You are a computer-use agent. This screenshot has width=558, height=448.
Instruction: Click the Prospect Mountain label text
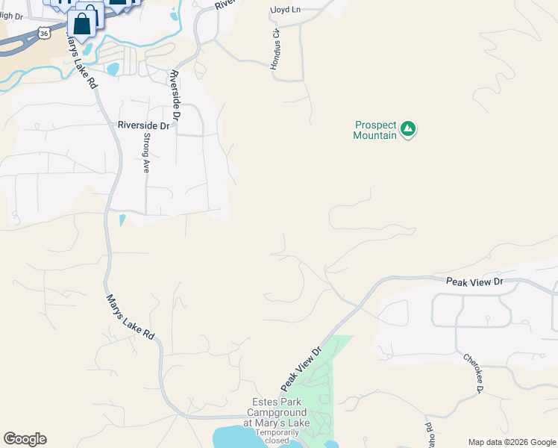tap(375, 130)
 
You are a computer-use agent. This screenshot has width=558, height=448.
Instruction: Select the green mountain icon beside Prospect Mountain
tap(407, 129)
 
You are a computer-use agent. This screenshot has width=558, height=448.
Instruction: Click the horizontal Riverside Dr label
tap(145, 125)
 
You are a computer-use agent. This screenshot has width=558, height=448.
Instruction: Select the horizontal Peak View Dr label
tap(475, 281)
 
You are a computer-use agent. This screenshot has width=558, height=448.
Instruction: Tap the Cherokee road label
tap(472, 373)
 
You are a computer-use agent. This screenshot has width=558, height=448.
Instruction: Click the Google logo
tap(25, 439)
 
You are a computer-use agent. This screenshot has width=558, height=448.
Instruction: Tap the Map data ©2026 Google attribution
tap(512, 442)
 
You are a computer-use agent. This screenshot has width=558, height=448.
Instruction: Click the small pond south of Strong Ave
tap(122, 221)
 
